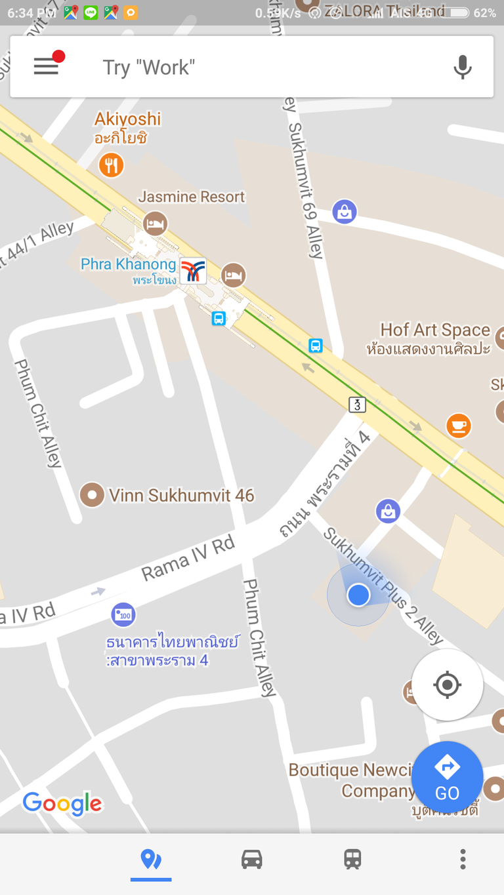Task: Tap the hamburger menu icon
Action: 46,66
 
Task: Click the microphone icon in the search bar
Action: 463,67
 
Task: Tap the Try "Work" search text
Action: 149,67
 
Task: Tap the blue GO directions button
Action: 447,778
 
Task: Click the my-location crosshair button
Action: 447,685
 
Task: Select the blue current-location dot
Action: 358,595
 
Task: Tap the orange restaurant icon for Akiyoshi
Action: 112,165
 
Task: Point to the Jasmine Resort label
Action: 191,197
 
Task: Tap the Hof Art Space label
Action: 435,330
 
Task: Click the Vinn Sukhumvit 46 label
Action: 181,495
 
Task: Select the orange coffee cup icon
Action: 458,426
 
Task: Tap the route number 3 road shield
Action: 357,405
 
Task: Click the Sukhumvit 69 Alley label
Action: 306,190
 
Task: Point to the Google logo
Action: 62,803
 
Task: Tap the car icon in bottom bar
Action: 252,859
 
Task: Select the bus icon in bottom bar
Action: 352,859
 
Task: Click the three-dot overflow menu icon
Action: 463,859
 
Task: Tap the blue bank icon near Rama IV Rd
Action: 123,614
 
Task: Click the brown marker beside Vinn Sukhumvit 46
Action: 92,495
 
